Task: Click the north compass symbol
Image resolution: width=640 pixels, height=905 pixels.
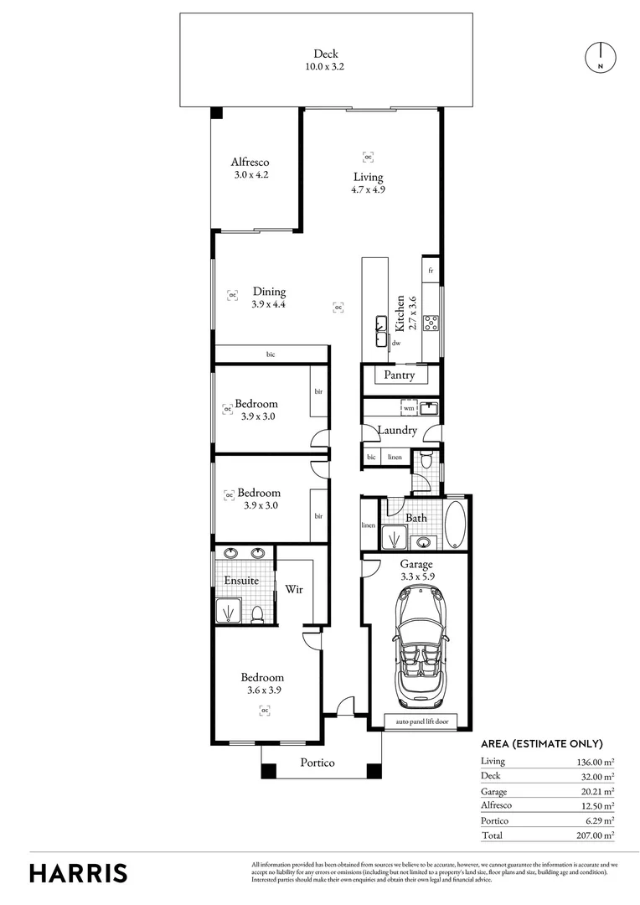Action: pos(600,56)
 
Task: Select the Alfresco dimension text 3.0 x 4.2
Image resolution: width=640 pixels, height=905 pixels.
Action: pos(250,176)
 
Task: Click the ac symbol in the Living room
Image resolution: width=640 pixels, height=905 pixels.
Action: pos(368,156)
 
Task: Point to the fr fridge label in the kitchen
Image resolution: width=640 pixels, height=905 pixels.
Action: pos(431,271)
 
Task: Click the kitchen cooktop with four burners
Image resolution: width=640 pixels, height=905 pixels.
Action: pos(431,322)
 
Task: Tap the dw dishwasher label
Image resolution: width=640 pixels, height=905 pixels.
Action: pos(396,343)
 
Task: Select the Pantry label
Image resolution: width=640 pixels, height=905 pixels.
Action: pos(400,375)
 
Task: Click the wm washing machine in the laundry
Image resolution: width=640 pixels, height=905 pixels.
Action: pos(408,408)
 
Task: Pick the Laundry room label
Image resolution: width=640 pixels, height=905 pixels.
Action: pos(397,431)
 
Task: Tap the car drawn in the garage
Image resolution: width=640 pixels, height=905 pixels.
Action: pos(415,644)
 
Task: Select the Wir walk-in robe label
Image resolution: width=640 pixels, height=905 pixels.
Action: pos(293,589)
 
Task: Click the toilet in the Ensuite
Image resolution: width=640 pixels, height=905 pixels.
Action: pos(260,613)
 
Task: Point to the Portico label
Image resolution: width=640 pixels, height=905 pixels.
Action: pos(317,763)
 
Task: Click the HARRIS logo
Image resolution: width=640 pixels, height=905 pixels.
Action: pos(79,873)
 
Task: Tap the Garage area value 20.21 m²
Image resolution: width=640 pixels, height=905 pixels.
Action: pos(596,791)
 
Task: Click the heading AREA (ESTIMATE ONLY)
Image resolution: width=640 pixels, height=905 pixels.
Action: pos(541,743)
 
